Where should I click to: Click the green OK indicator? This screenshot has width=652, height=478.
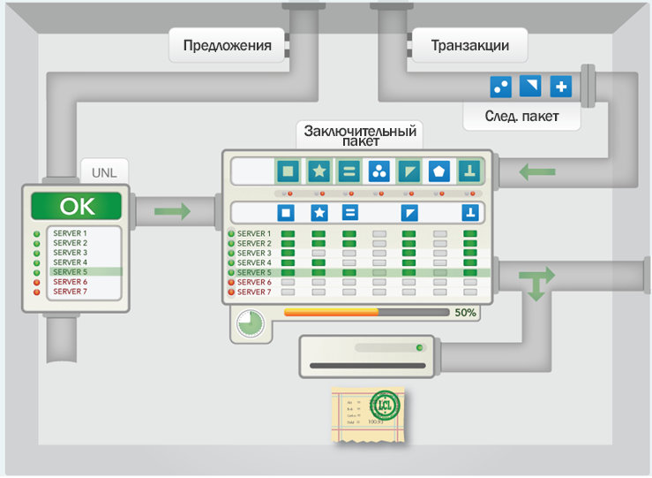76,206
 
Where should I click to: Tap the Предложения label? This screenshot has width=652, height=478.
227,46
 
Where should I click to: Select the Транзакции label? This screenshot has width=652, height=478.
470,46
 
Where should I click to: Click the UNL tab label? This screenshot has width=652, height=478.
104,171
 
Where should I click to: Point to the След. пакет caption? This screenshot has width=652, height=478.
521,116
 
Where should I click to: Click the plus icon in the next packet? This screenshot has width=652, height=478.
560,87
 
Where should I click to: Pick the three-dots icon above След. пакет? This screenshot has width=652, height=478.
500,87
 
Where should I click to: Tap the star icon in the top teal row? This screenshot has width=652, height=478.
319,171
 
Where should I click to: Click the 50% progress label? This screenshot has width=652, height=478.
465,312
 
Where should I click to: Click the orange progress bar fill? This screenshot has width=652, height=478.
331,312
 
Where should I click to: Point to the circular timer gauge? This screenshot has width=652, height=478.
250,322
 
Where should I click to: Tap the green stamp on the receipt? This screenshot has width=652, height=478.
385,406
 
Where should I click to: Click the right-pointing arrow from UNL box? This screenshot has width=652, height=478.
172,211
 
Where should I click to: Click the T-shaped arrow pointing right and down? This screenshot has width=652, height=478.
536,283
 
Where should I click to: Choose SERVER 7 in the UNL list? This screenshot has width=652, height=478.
70,292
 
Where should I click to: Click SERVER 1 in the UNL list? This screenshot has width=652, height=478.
70,233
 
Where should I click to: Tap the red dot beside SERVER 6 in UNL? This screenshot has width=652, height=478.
37,282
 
